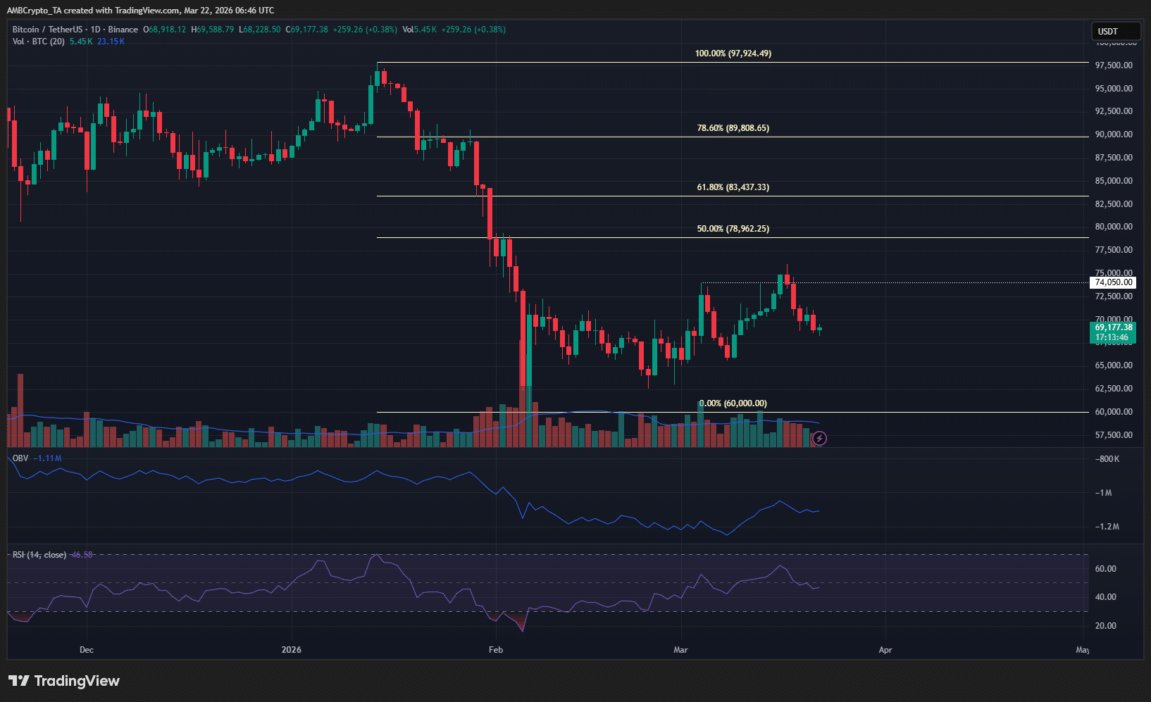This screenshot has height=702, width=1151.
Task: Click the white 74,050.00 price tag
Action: coord(1113,282)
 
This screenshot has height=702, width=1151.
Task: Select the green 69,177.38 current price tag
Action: coord(1113,332)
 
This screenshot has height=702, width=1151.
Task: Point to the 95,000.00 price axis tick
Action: coord(1114,89)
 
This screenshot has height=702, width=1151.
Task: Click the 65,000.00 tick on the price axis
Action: coord(1114,365)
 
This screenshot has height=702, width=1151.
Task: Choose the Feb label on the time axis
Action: coord(496,649)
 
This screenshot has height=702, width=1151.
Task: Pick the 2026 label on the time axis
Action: coord(291,649)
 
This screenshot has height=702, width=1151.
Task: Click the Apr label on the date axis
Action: coord(885,649)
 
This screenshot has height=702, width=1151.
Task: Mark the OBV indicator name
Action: coord(20,458)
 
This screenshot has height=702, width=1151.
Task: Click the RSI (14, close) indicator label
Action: coord(39,555)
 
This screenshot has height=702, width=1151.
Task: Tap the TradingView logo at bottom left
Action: coord(64,681)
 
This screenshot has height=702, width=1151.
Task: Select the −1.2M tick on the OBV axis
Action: coord(1107,527)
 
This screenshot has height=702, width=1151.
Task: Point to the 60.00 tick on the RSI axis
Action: coord(1106,569)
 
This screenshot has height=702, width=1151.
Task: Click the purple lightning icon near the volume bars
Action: coord(819,439)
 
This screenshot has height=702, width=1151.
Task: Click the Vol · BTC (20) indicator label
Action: coord(39,42)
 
